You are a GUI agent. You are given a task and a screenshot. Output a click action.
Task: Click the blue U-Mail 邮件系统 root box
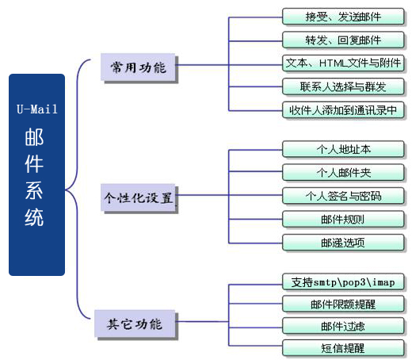[36, 174]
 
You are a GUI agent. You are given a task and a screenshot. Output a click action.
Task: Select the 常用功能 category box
[138, 67]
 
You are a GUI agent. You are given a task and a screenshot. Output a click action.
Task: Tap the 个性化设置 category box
[138, 197]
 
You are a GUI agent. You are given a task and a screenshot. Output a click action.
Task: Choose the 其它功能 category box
[135, 324]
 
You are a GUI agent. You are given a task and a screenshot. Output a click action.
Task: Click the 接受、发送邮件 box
[343, 17]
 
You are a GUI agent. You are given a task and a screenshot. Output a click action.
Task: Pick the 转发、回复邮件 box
[343, 40]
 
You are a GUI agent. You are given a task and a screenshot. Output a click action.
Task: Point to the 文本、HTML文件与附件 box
[343, 63]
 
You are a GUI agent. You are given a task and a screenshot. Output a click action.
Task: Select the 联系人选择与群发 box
[343, 86]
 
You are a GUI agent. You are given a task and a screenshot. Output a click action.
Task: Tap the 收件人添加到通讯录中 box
[343, 110]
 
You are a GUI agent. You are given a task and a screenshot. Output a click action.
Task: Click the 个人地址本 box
[343, 149]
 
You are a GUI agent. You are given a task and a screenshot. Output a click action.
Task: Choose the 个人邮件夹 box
[343, 173]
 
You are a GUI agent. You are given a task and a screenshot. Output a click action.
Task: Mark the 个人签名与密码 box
[343, 196]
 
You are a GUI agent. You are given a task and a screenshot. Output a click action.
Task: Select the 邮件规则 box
[343, 219]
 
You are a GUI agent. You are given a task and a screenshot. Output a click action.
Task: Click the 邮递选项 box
[343, 243]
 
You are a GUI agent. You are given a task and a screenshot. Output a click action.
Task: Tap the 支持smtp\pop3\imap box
[343, 282]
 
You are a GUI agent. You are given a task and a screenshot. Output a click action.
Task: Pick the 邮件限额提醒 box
[343, 304]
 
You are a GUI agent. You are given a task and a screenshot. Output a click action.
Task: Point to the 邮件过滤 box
[343, 326]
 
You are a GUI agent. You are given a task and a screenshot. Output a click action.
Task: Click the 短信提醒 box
[343, 348]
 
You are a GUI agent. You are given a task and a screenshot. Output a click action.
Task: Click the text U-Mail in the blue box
[37, 109]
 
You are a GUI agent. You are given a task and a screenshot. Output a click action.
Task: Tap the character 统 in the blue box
[34, 217]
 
